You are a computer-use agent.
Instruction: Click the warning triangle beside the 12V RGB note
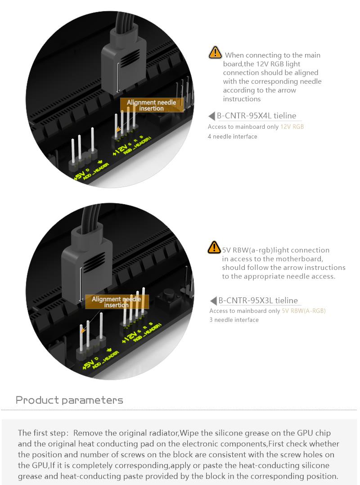click(x=215, y=53)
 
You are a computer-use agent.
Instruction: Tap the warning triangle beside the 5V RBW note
click(x=214, y=247)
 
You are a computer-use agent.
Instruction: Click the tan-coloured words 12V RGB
click(x=292, y=126)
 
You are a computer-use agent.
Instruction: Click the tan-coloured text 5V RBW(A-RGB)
click(x=303, y=310)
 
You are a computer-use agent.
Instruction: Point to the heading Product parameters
click(x=69, y=400)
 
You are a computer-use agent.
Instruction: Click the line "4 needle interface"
click(x=232, y=136)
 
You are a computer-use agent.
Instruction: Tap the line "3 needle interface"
click(x=234, y=320)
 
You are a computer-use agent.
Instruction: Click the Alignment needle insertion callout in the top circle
click(x=151, y=105)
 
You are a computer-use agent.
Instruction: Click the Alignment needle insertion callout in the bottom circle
click(x=116, y=301)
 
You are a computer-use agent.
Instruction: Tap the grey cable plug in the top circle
click(x=124, y=62)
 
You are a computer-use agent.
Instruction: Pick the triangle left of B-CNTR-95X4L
click(x=212, y=116)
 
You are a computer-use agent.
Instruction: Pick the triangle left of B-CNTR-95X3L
click(x=213, y=301)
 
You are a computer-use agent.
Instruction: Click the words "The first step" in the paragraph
click(x=42, y=433)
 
